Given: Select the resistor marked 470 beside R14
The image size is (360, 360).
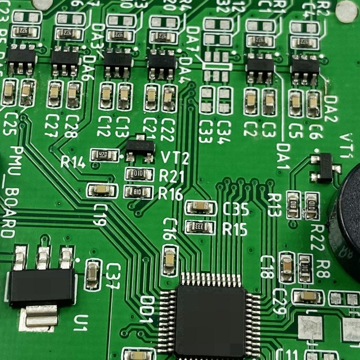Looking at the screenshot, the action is pos(104,154).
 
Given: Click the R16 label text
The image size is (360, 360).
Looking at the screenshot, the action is pos(171,193).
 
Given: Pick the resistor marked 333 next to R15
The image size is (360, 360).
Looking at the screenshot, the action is pos(200,227).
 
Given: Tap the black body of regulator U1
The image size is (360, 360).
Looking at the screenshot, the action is pos(42,287).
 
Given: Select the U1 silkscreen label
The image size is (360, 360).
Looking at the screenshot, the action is pos(81,322).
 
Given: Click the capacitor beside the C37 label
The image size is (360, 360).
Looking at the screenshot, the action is pos(93,274).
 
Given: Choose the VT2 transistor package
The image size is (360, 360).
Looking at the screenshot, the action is pos(140,147).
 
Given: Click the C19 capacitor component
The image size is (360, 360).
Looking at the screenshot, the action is pos(102,190).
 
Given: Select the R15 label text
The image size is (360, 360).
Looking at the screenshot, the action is pos(235,229).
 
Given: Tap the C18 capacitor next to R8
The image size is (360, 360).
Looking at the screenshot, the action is pos(287,267).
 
